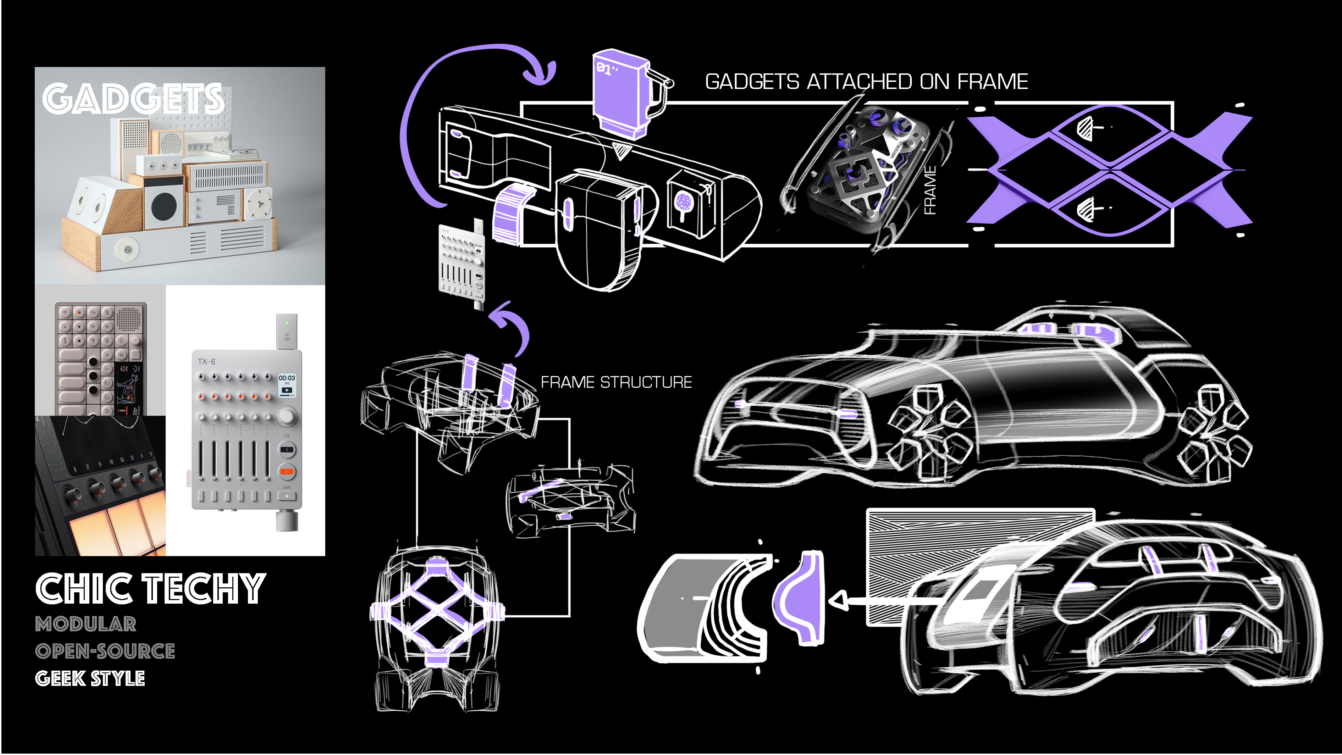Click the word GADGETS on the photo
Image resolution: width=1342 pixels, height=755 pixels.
click(x=133, y=99)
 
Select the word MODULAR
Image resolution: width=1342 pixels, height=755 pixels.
click(x=86, y=624)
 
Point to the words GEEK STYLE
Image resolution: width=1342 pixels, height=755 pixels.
click(x=90, y=678)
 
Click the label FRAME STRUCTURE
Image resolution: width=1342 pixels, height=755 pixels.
click(x=616, y=382)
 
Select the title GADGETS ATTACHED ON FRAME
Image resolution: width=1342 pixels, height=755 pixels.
click(x=866, y=82)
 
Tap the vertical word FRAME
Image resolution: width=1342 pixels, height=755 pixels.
click(x=930, y=190)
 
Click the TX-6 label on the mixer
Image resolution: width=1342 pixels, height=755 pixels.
click(x=206, y=361)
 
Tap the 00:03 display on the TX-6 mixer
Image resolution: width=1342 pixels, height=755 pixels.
click(x=287, y=378)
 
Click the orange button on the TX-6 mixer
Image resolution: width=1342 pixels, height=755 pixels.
click(x=287, y=471)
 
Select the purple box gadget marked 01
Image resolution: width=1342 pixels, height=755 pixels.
click(x=620, y=94)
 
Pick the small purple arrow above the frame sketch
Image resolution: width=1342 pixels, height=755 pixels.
click(x=510, y=326)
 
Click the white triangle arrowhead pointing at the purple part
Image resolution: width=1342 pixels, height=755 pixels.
click(x=838, y=601)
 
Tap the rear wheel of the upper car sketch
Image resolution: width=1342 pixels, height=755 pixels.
click(x=1216, y=432)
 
